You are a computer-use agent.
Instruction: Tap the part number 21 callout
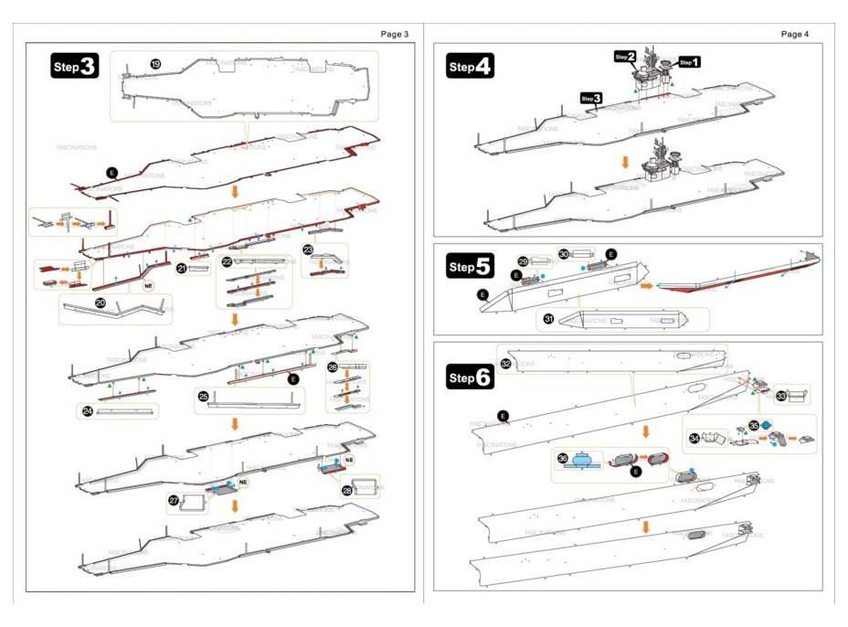(x=182, y=268)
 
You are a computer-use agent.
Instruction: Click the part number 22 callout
(x=226, y=261)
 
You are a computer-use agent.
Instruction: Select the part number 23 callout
(x=308, y=249)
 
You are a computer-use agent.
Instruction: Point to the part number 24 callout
(x=87, y=411)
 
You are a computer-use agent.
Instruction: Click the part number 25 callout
(x=203, y=396)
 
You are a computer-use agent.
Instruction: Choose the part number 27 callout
(x=174, y=500)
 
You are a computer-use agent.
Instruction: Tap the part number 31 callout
(x=548, y=318)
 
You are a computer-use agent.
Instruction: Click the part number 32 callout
(x=505, y=363)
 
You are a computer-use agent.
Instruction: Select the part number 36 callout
(x=563, y=458)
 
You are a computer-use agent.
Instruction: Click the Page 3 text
(x=394, y=34)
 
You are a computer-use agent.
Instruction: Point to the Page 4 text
(x=795, y=34)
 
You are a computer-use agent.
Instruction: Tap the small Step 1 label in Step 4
(x=690, y=62)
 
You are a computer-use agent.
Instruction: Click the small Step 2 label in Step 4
(x=626, y=57)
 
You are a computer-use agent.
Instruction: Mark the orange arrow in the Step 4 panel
(x=625, y=162)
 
